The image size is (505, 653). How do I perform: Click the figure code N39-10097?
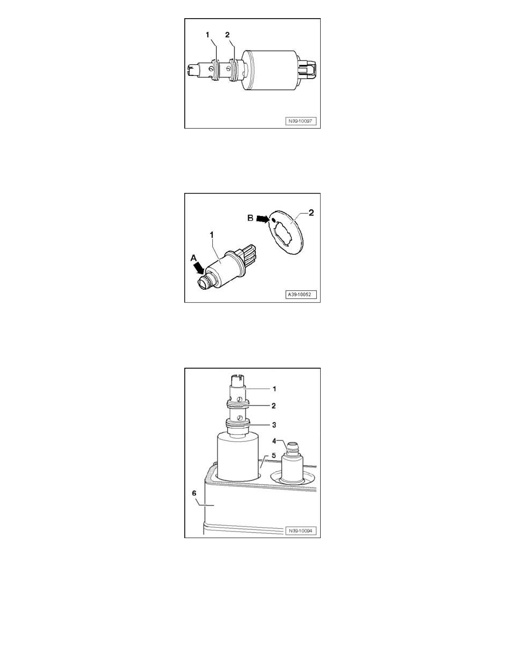pos(300,121)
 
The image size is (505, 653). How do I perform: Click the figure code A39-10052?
pos(300,295)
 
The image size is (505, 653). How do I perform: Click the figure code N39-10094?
pos(300,531)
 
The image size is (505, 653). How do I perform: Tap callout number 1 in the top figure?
pos(208,35)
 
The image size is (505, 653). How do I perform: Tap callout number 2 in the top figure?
pos(227,35)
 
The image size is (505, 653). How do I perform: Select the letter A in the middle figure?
pos(193,258)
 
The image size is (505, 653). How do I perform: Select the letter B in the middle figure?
pos(250,218)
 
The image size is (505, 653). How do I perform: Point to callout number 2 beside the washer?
pos(311,212)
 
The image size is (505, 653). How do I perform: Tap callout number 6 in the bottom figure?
pos(194,492)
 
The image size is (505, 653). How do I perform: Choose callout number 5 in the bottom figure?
pos(274,456)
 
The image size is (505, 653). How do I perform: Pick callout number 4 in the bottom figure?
pos(274,441)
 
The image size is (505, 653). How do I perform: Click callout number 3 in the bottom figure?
pos(274,425)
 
